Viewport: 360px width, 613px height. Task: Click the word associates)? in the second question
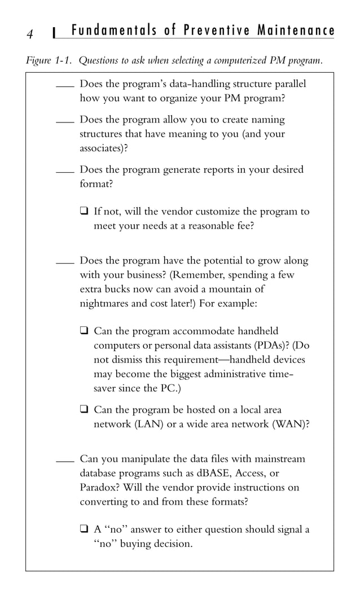(x=104, y=148)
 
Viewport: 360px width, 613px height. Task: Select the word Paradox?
(x=99, y=487)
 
